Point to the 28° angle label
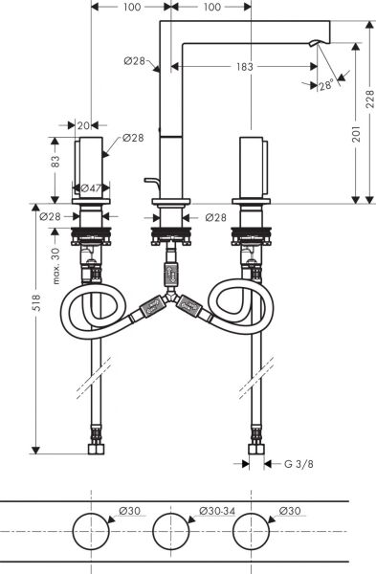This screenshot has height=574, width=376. click(x=327, y=86)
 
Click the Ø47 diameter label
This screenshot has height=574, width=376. click(x=90, y=189)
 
